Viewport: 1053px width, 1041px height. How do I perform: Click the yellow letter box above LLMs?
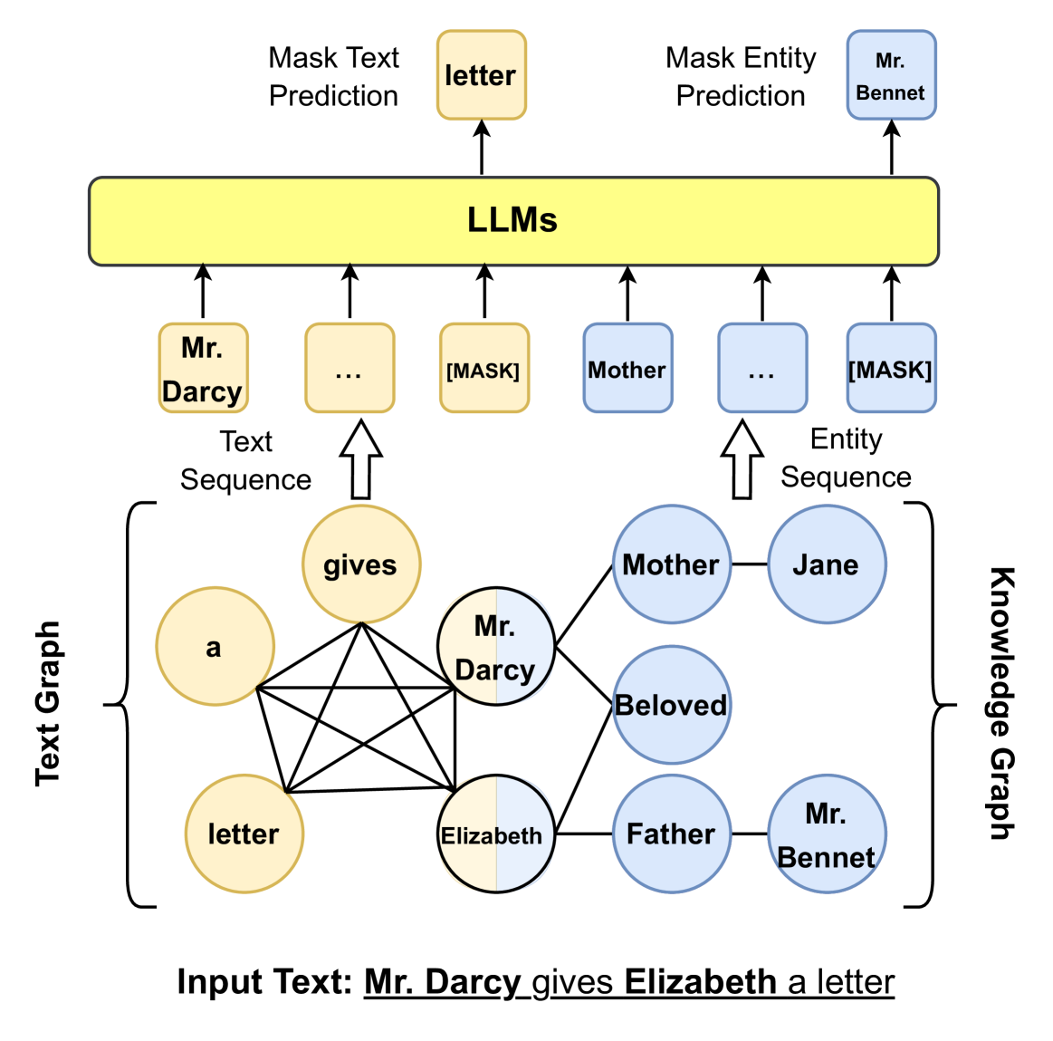click(481, 75)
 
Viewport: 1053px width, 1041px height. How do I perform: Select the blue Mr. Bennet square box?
click(891, 75)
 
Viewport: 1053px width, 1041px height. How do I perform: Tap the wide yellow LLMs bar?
click(513, 221)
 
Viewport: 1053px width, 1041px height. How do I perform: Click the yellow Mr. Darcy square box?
click(203, 368)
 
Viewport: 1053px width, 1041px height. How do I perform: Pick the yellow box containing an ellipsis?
click(349, 368)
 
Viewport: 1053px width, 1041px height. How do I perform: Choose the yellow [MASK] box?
click(483, 368)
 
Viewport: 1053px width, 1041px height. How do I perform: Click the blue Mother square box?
click(627, 368)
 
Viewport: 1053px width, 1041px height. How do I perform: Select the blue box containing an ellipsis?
click(762, 368)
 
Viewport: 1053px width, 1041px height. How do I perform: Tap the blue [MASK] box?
click(891, 368)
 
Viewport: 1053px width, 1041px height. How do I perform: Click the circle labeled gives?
click(360, 564)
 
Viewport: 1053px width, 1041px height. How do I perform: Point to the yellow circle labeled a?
click(215, 646)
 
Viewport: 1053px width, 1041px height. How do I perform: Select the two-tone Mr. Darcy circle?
click(495, 646)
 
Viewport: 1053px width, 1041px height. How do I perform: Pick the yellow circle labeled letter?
click(244, 834)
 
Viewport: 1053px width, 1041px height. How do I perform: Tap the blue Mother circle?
click(671, 564)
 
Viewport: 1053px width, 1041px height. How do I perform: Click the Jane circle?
click(826, 564)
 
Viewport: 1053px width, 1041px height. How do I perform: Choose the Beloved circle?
click(671, 704)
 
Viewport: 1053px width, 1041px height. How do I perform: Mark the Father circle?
click(671, 834)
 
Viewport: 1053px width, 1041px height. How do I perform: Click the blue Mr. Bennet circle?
click(826, 834)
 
